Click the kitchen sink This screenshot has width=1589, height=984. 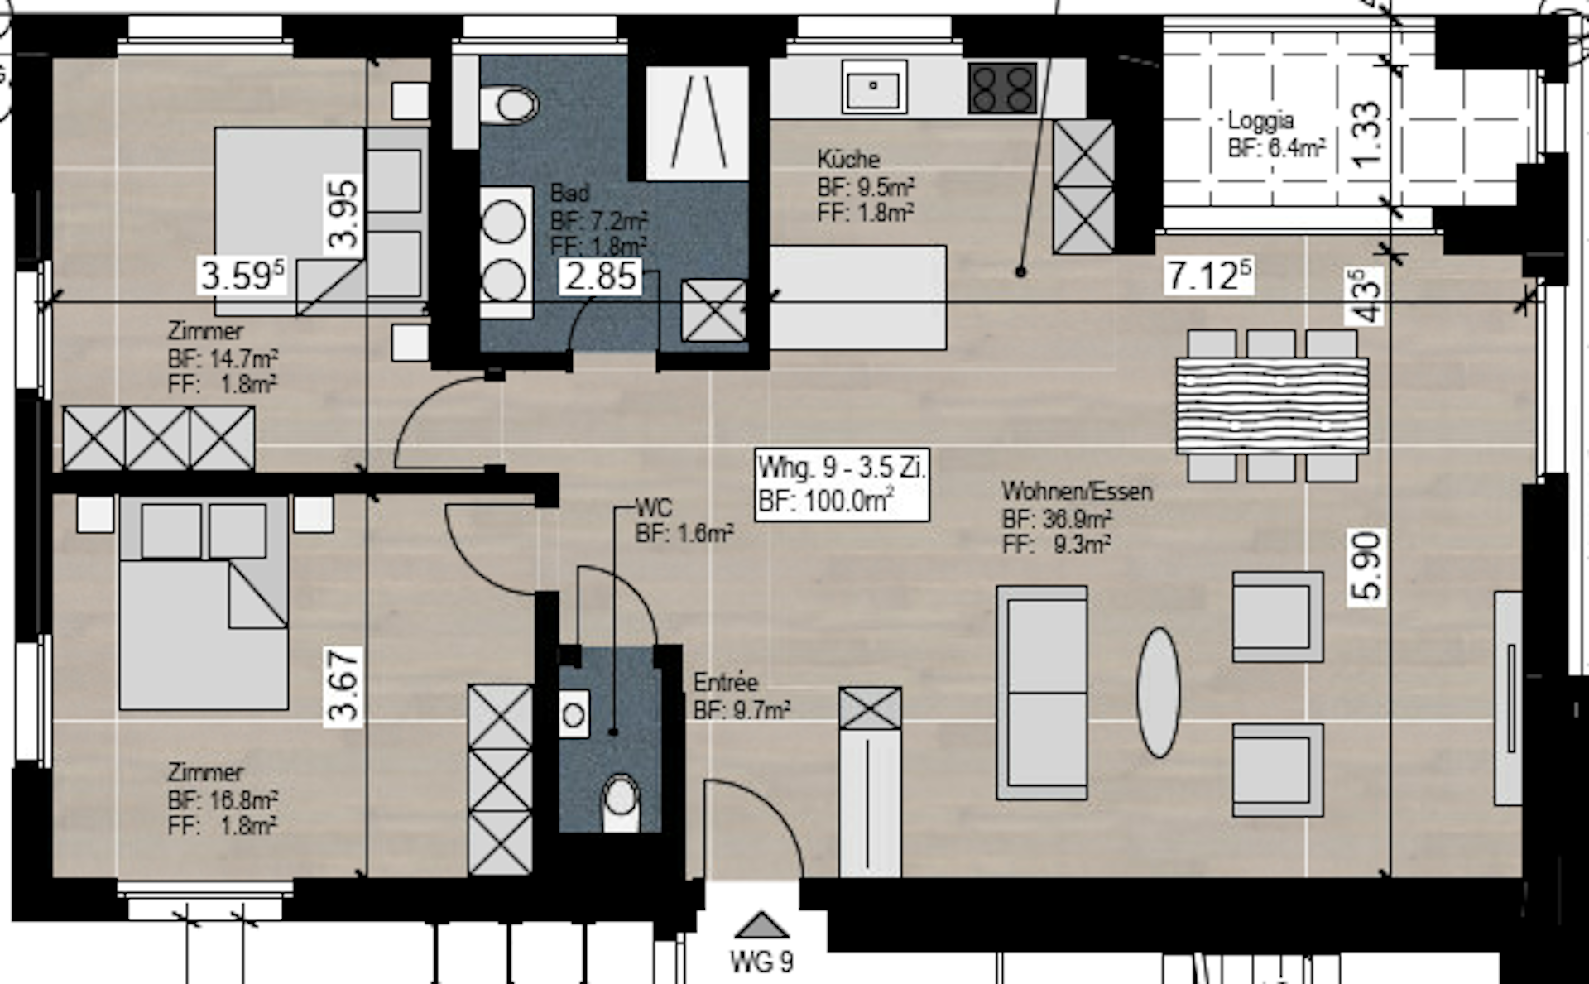(x=874, y=86)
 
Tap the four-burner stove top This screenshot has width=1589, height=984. (x=1002, y=88)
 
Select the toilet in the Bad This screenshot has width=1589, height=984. (x=508, y=106)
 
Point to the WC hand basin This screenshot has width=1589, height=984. (x=574, y=714)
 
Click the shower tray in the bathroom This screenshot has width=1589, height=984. (x=697, y=122)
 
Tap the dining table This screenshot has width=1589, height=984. (x=1272, y=405)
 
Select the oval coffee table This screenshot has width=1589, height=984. (x=1159, y=692)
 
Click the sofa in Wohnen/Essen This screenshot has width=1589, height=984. (x=1042, y=692)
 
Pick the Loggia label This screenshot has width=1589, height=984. (x=1260, y=121)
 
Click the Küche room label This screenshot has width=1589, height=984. (x=848, y=159)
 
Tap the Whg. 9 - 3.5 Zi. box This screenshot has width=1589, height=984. (x=842, y=484)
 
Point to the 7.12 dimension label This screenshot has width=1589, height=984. (x=1208, y=275)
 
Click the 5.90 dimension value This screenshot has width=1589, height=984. (x=1368, y=566)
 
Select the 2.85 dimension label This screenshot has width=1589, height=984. (x=601, y=276)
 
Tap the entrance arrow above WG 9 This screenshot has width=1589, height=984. (x=761, y=924)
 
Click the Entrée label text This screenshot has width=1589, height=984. (x=726, y=683)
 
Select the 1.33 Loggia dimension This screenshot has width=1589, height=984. (x=1368, y=133)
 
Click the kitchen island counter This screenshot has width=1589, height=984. (x=858, y=297)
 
